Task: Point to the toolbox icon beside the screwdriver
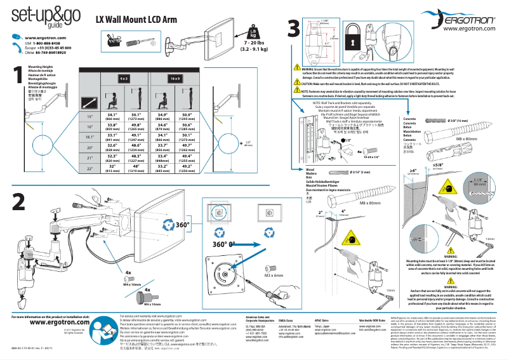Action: [114, 44]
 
